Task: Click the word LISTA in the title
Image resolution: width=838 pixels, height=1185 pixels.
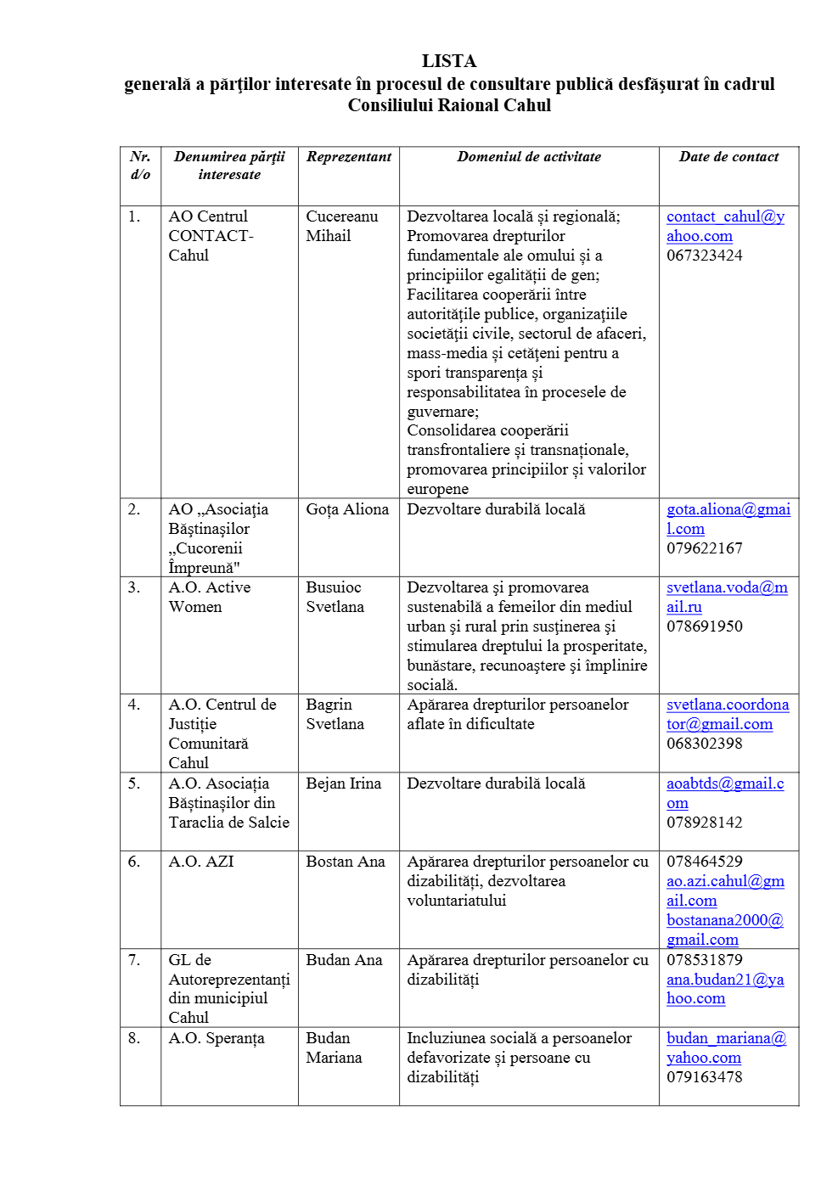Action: (x=448, y=61)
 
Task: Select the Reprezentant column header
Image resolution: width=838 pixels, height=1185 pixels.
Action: (x=348, y=157)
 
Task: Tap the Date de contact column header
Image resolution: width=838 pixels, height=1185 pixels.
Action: (x=728, y=157)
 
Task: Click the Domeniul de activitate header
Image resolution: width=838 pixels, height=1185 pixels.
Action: (x=528, y=157)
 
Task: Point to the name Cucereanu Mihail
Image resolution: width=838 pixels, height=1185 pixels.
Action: (x=341, y=226)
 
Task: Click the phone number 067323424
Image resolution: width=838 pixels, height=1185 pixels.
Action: (x=704, y=256)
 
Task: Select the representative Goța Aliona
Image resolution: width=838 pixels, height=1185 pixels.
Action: (x=346, y=509)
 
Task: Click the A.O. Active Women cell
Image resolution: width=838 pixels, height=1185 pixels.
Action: (x=209, y=597)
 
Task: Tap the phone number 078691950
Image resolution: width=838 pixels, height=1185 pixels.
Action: (x=704, y=626)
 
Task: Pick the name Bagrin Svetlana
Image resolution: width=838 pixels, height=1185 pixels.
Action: (x=335, y=714)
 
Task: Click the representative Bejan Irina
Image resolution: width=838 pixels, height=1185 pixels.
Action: (x=343, y=783)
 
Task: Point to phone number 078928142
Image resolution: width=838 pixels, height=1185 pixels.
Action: (x=704, y=823)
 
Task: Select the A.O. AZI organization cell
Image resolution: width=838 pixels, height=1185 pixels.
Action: (x=200, y=862)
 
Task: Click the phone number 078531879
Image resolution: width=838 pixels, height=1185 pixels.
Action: (x=704, y=960)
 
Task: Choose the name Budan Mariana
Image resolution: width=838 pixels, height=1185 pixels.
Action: (x=333, y=1047)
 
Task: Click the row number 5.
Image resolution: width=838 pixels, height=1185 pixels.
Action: (x=134, y=783)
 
